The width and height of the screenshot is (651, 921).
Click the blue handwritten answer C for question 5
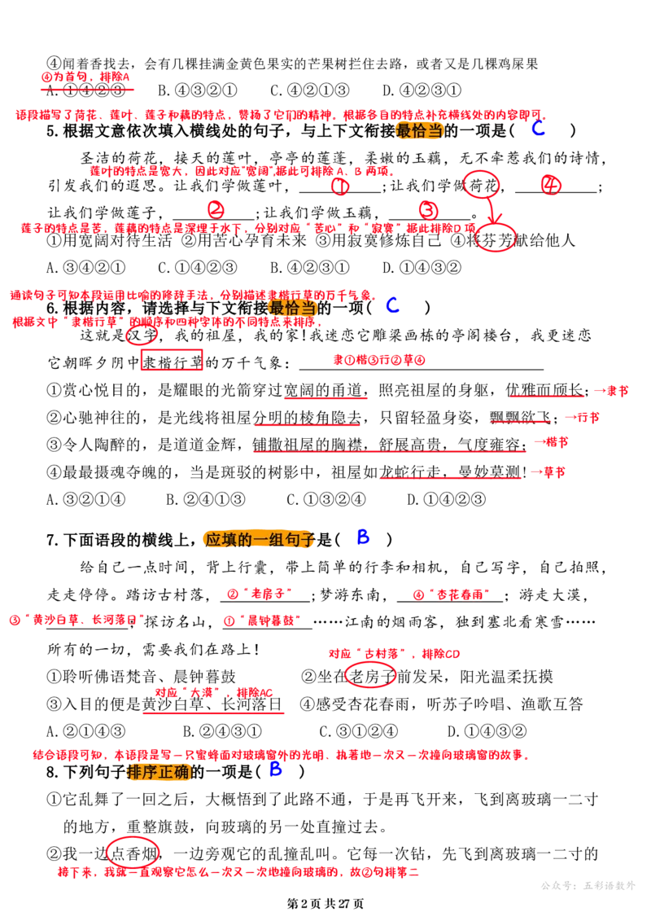(x=538, y=128)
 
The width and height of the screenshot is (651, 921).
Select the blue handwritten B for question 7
(x=364, y=537)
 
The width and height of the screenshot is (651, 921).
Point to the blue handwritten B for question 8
(x=275, y=769)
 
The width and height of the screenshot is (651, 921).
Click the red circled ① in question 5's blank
(x=340, y=186)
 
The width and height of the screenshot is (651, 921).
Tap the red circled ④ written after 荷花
(x=551, y=185)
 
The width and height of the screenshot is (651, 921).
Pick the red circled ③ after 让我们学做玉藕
(x=429, y=210)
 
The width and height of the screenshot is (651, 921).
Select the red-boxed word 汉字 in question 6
(x=142, y=336)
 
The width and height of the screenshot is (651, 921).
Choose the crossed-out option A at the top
(x=86, y=90)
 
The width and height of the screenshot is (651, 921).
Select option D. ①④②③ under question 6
(x=446, y=500)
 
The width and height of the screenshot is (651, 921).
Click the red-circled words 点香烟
(x=133, y=853)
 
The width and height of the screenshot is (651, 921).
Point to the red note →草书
(x=548, y=471)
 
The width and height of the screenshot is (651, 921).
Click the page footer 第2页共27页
(x=325, y=904)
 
